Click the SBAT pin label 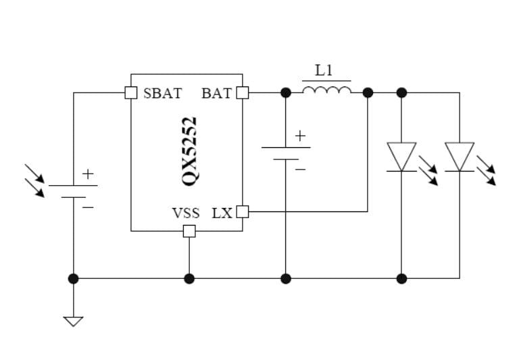[162, 93]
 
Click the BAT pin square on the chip [242, 93]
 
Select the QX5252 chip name [190, 151]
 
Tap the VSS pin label [186, 213]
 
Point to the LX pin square [242, 212]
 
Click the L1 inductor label [324, 70]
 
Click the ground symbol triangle [73, 321]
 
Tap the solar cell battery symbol [73, 190]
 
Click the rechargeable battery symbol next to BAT [286, 153]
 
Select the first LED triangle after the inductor [401, 156]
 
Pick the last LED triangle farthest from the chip [460, 156]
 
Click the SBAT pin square [131, 93]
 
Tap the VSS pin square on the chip [189, 232]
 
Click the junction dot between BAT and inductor [286, 93]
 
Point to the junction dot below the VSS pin [189, 278]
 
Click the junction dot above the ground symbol [73, 278]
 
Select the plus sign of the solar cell [88, 174]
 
